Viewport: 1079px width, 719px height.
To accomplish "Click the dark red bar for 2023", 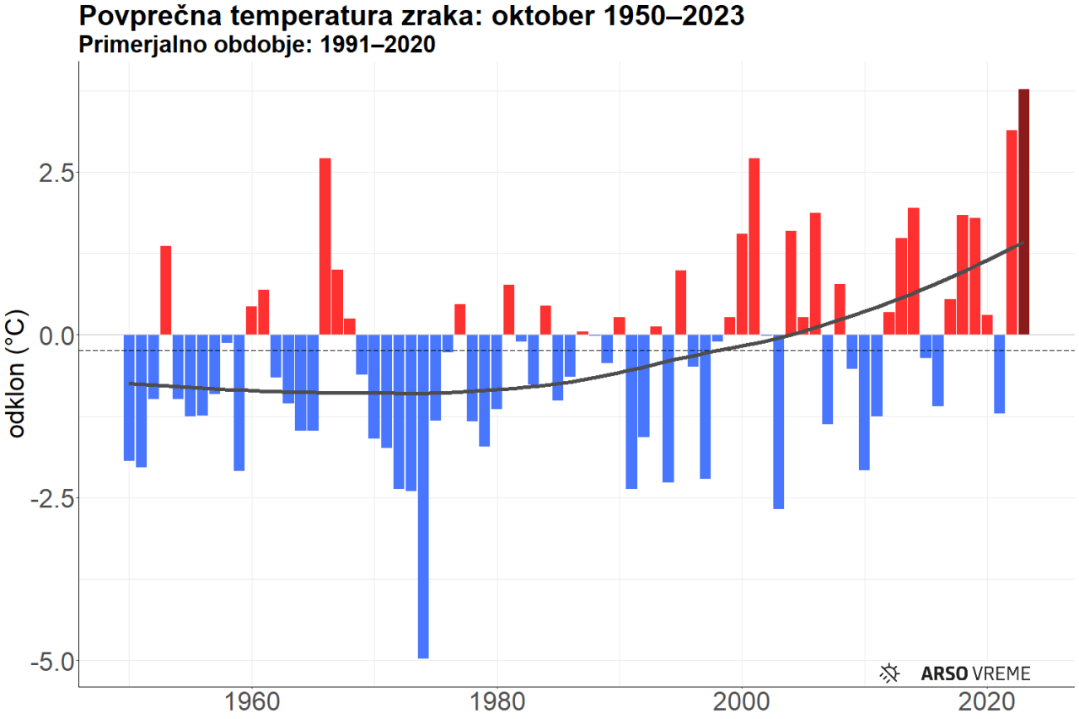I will [1023, 211].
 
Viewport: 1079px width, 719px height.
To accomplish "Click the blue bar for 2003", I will [779, 421].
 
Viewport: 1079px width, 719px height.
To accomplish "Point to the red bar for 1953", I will [166, 290].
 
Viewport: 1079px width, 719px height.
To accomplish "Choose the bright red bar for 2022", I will [1012, 232].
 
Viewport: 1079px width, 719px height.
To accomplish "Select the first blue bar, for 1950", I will [129, 397].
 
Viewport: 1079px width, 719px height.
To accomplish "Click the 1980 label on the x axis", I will [497, 702].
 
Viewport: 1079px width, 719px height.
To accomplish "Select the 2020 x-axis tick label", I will [987, 702].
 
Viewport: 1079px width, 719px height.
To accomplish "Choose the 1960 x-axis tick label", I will [252, 702].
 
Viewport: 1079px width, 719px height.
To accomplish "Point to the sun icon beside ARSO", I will [889, 673].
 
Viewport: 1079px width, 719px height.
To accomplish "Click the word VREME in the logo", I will [1001, 673].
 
